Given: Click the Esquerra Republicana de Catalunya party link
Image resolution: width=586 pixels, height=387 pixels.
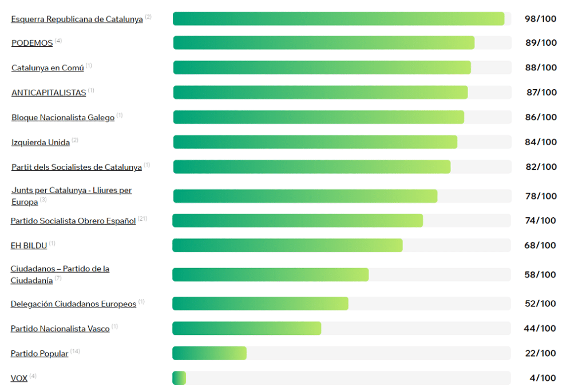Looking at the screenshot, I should click(x=77, y=19).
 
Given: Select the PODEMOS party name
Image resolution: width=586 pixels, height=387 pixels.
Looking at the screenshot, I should click(x=32, y=43).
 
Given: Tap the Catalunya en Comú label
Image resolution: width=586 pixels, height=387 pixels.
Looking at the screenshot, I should click(x=47, y=68).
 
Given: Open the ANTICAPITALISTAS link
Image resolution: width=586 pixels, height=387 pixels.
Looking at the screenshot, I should click(x=49, y=93).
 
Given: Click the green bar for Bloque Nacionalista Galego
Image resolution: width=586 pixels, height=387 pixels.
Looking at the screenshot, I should click(x=318, y=117).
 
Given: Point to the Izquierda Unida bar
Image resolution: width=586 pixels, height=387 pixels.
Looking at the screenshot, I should click(x=315, y=142).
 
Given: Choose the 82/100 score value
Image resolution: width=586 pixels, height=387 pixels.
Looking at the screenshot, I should click(x=541, y=167).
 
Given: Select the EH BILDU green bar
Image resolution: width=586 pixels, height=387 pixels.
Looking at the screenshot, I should click(x=287, y=245).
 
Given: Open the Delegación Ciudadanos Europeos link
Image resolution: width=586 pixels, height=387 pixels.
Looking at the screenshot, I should click(x=73, y=304).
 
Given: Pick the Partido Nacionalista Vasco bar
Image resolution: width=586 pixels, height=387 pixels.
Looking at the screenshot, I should click(x=247, y=328).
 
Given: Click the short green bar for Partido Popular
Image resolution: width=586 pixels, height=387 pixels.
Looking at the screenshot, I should click(x=209, y=353).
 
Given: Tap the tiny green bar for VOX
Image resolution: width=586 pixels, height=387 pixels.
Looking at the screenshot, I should click(x=179, y=378).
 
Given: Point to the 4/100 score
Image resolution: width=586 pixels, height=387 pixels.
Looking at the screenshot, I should click(x=543, y=378).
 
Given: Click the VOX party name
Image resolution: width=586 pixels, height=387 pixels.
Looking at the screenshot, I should click(x=19, y=378).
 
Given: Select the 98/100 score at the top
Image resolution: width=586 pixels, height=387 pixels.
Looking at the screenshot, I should click(x=541, y=19).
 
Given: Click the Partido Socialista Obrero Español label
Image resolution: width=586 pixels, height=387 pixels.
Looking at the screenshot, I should click(x=73, y=221).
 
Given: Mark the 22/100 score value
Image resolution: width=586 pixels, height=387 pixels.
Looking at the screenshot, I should click(x=541, y=353).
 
